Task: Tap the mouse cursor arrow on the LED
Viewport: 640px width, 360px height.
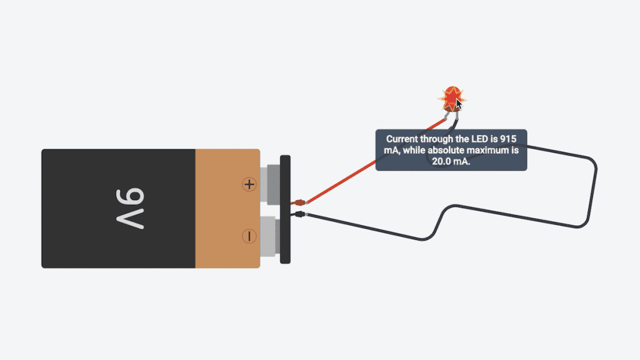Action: point(459,104)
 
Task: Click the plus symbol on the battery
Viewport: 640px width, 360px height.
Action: point(249,184)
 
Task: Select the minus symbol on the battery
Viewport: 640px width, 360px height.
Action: point(249,236)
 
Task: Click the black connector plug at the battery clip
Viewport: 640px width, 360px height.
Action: point(300,215)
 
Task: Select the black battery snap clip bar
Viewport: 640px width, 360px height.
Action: point(285,209)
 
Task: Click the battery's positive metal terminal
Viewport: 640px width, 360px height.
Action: point(272,184)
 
